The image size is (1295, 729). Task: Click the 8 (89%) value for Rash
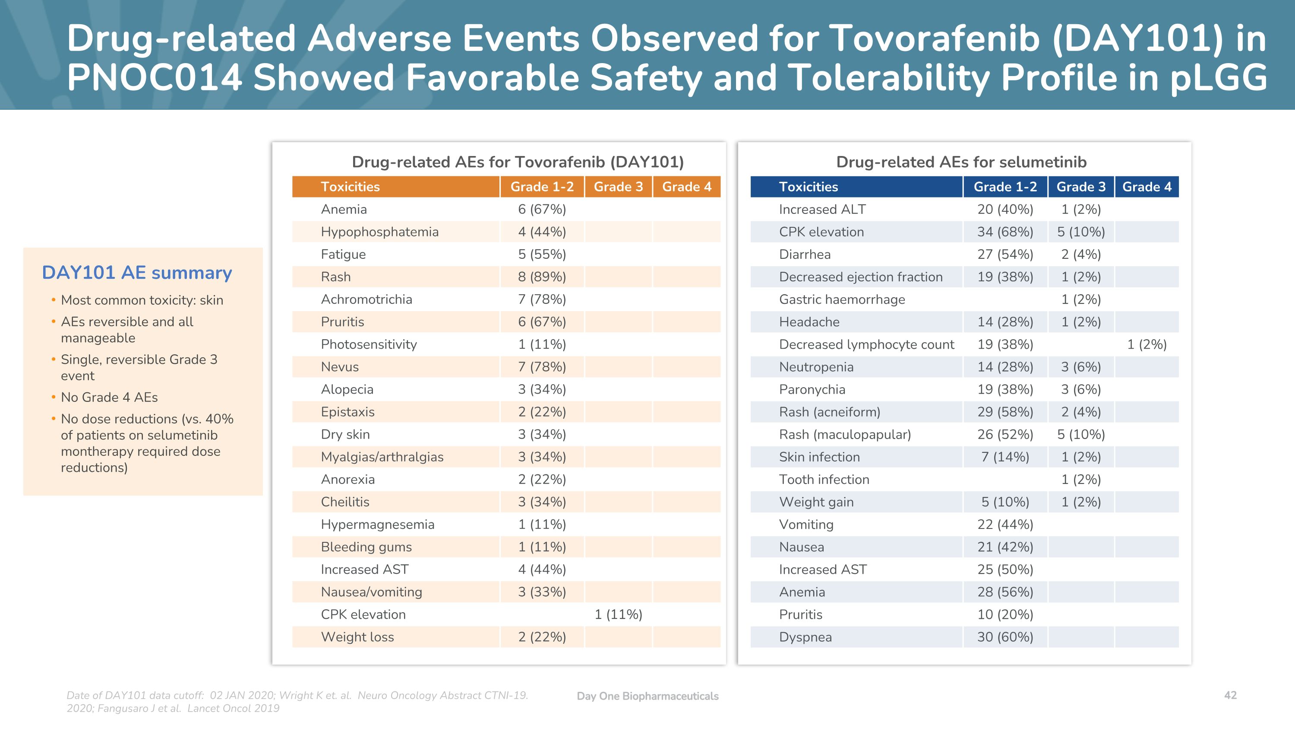point(541,277)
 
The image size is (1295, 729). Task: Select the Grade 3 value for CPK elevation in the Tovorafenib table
point(618,614)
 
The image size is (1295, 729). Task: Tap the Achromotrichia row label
point(366,299)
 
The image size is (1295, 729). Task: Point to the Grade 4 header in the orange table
point(686,187)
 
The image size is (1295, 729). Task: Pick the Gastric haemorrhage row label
point(842,299)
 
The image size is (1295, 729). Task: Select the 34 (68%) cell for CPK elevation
point(1004,232)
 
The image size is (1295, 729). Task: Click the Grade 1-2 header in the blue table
point(1004,187)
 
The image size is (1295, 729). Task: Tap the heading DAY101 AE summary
point(137,272)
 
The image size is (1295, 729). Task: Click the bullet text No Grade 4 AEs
point(109,397)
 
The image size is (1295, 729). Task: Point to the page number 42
point(1230,695)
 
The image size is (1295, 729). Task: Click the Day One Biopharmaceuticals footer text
point(647,696)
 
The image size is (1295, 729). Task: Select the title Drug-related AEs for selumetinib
point(961,162)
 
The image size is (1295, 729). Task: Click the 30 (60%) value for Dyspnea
point(1004,637)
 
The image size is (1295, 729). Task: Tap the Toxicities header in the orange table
point(350,187)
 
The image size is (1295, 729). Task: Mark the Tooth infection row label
point(824,480)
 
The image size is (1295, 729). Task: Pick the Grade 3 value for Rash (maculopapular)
point(1080,434)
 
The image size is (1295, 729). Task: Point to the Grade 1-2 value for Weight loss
point(541,637)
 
